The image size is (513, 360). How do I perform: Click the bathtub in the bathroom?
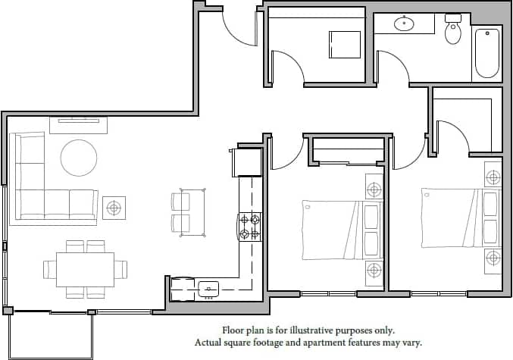tap(487, 53)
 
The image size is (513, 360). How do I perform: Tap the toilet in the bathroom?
tap(453, 31)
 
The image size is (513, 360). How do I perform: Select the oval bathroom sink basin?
tap(405, 24)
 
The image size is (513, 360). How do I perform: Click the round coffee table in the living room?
tap(79, 158)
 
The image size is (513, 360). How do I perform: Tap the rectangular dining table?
tap(85, 269)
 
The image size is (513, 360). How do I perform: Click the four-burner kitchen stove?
tap(250, 227)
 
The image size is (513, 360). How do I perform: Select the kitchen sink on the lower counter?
tap(209, 288)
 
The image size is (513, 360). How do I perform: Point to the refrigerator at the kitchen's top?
tap(248, 161)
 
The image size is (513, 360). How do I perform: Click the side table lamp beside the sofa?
tap(114, 206)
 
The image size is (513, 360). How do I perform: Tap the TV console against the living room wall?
tap(79, 124)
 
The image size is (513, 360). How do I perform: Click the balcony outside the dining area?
tap(50, 336)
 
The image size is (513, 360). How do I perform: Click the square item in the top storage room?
tap(345, 44)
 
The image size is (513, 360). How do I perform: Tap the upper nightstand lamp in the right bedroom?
tap(493, 178)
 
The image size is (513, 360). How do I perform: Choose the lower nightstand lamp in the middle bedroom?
tap(374, 270)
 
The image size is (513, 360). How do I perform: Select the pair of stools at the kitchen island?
tap(181, 212)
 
